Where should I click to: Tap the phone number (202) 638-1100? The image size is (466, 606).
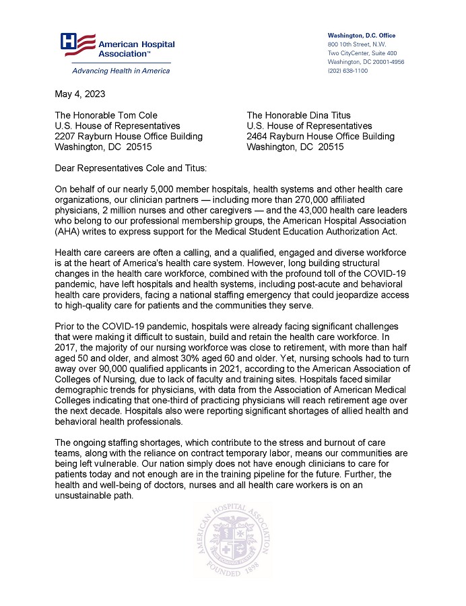(347, 71)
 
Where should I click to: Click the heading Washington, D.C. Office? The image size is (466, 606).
(362, 35)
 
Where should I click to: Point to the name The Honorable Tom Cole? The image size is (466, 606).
(106, 115)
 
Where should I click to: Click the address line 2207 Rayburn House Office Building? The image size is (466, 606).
(128, 136)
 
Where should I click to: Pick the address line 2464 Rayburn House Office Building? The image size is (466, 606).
(321, 136)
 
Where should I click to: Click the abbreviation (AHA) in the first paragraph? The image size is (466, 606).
(70, 231)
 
